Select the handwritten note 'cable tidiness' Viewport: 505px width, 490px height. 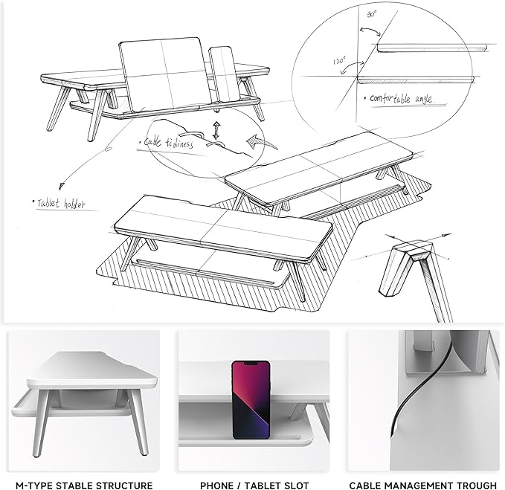[168, 143]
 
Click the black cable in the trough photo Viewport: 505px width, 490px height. [416, 394]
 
